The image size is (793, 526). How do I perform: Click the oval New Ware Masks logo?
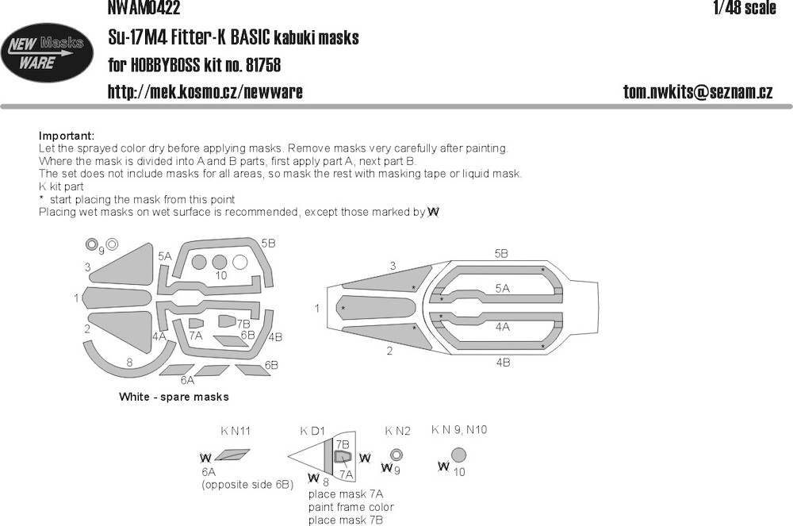(x=47, y=53)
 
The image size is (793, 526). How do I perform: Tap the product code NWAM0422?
(x=144, y=8)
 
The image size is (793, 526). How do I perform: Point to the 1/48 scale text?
(x=744, y=8)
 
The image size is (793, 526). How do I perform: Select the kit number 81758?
(x=263, y=65)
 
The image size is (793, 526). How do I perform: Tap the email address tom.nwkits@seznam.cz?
(x=698, y=91)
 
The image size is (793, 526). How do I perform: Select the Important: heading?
(x=67, y=136)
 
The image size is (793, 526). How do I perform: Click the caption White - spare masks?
(x=174, y=397)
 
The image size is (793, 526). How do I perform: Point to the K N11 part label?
(x=236, y=431)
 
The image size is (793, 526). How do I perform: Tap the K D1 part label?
(x=312, y=431)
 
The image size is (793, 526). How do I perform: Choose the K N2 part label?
(x=397, y=431)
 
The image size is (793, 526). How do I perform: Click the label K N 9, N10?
(x=459, y=430)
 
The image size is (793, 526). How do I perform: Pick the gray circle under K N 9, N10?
(x=458, y=455)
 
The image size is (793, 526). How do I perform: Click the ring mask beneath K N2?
(x=396, y=454)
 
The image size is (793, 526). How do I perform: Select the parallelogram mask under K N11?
(x=232, y=455)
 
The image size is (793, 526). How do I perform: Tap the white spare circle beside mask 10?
(x=239, y=262)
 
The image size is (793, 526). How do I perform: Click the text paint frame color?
(x=351, y=507)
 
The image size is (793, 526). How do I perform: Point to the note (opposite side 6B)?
(x=247, y=485)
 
